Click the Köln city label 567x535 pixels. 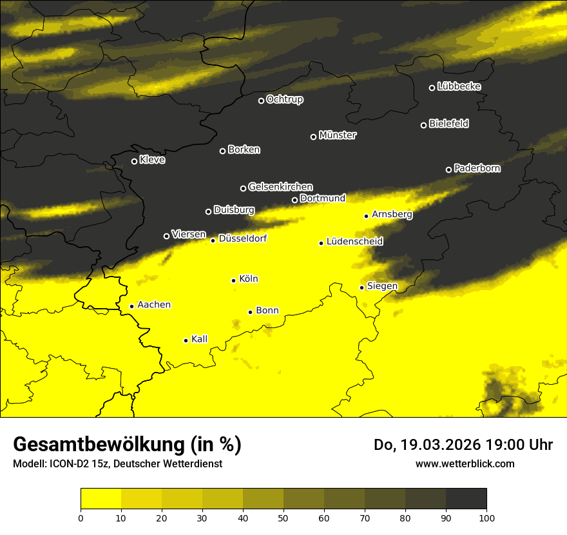[x=248, y=279]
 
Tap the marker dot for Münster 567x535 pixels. [x=314, y=137]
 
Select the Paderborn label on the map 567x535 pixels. [x=477, y=168]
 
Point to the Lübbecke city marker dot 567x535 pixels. [x=432, y=88]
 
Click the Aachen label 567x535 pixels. [x=154, y=305]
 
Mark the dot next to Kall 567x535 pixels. [x=186, y=340]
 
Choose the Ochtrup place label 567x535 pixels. [x=284, y=99]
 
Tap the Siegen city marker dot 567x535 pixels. [x=362, y=287]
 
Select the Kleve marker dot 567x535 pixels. [x=135, y=161]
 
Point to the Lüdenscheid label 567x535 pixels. [x=354, y=242]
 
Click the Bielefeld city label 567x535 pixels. [x=448, y=124]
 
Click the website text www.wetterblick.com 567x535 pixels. [x=465, y=463]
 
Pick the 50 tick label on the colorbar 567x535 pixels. [x=283, y=517]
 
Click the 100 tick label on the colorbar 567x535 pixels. [x=486, y=517]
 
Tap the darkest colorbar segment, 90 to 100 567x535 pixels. [x=466, y=499]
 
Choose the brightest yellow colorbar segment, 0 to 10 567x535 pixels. [x=101, y=499]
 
